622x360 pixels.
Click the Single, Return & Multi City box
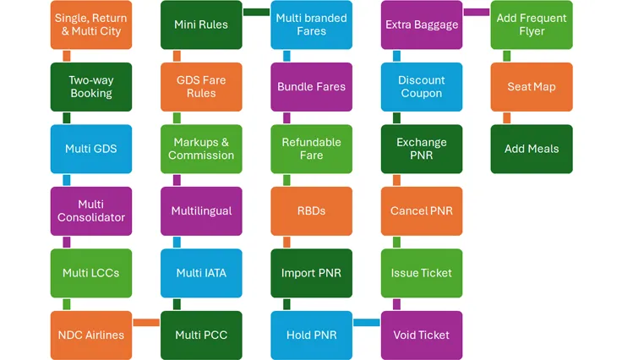[x=91, y=25]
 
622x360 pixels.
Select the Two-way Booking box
[x=91, y=87]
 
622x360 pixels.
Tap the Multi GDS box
[x=91, y=149]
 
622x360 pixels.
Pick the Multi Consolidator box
[x=91, y=210]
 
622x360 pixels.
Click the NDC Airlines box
[x=91, y=335]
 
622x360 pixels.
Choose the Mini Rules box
[x=201, y=25]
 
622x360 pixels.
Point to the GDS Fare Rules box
[x=201, y=87]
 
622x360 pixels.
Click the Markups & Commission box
[x=201, y=149]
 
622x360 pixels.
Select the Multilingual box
[x=201, y=210]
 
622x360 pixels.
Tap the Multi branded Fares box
[x=312, y=25]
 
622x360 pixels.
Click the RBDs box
[x=312, y=210]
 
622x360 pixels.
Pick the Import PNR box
[x=312, y=273]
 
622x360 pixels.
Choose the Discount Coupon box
[x=422, y=87]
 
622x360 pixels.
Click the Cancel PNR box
[x=422, y=210]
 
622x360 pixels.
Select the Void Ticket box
[x=422, y=335]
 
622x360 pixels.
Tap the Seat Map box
[x=532, y=87]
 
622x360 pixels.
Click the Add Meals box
[x=532, y=149]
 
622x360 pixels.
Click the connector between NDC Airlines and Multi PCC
[x=146, y=322]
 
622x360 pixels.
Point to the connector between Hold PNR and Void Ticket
[x=367, y=322]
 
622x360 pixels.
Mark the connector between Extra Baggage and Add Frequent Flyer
[x=477, y=12]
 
